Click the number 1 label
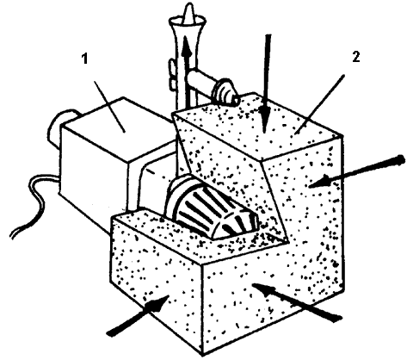[84, 59]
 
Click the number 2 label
[355, 57]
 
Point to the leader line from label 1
[109, 107]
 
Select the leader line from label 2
[319, 104]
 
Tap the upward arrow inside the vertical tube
[188, 71]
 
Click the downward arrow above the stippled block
[267, 84]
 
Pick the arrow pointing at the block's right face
[357, 171]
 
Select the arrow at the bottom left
[138, 316]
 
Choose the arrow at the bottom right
[297, 301]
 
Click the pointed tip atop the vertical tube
[189, 11]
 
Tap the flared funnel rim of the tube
[188, 22]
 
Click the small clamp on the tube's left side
[171, 72]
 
